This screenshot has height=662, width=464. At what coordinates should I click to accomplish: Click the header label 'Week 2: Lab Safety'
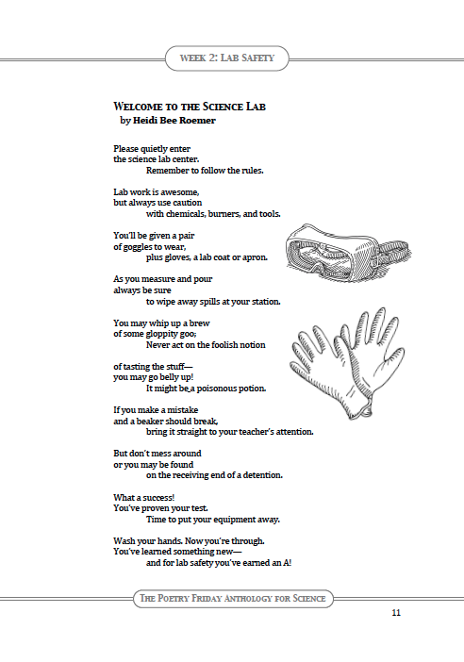(x=232, y=58)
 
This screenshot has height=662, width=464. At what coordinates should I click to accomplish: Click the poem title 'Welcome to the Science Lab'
(x=190, y=108)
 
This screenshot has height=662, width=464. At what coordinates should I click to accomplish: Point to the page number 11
(x=396, y=613)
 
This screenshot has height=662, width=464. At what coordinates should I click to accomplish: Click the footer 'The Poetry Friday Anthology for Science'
(x=232, y=598)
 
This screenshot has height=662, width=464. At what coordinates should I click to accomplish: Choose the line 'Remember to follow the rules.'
(x=205, y=171)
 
